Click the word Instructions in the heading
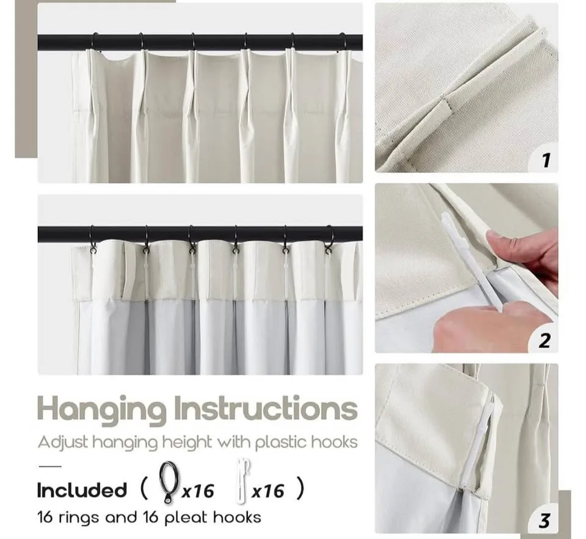[x=266, y=408]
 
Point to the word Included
[x=82, y=490]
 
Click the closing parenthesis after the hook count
[x=298, y=490]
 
